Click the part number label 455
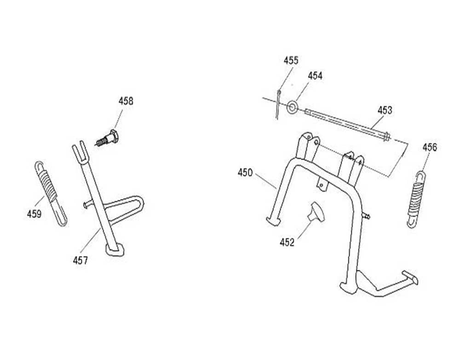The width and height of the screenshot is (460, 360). (291, 60)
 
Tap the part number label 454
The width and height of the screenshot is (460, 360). (315, 76)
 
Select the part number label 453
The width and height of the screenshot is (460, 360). (385, 110)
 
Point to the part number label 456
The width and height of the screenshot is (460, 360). (430, 147)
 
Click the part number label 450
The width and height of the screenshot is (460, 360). (245, 172)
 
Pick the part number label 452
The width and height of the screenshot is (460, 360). (287, 243)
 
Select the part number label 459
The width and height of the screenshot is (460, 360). (34, 214)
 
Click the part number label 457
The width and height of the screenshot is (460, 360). (80, 261)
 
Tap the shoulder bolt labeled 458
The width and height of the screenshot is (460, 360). (108, 137)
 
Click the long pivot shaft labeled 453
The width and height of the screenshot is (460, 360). (347, 123)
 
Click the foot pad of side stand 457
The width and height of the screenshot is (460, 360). (115, 249)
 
